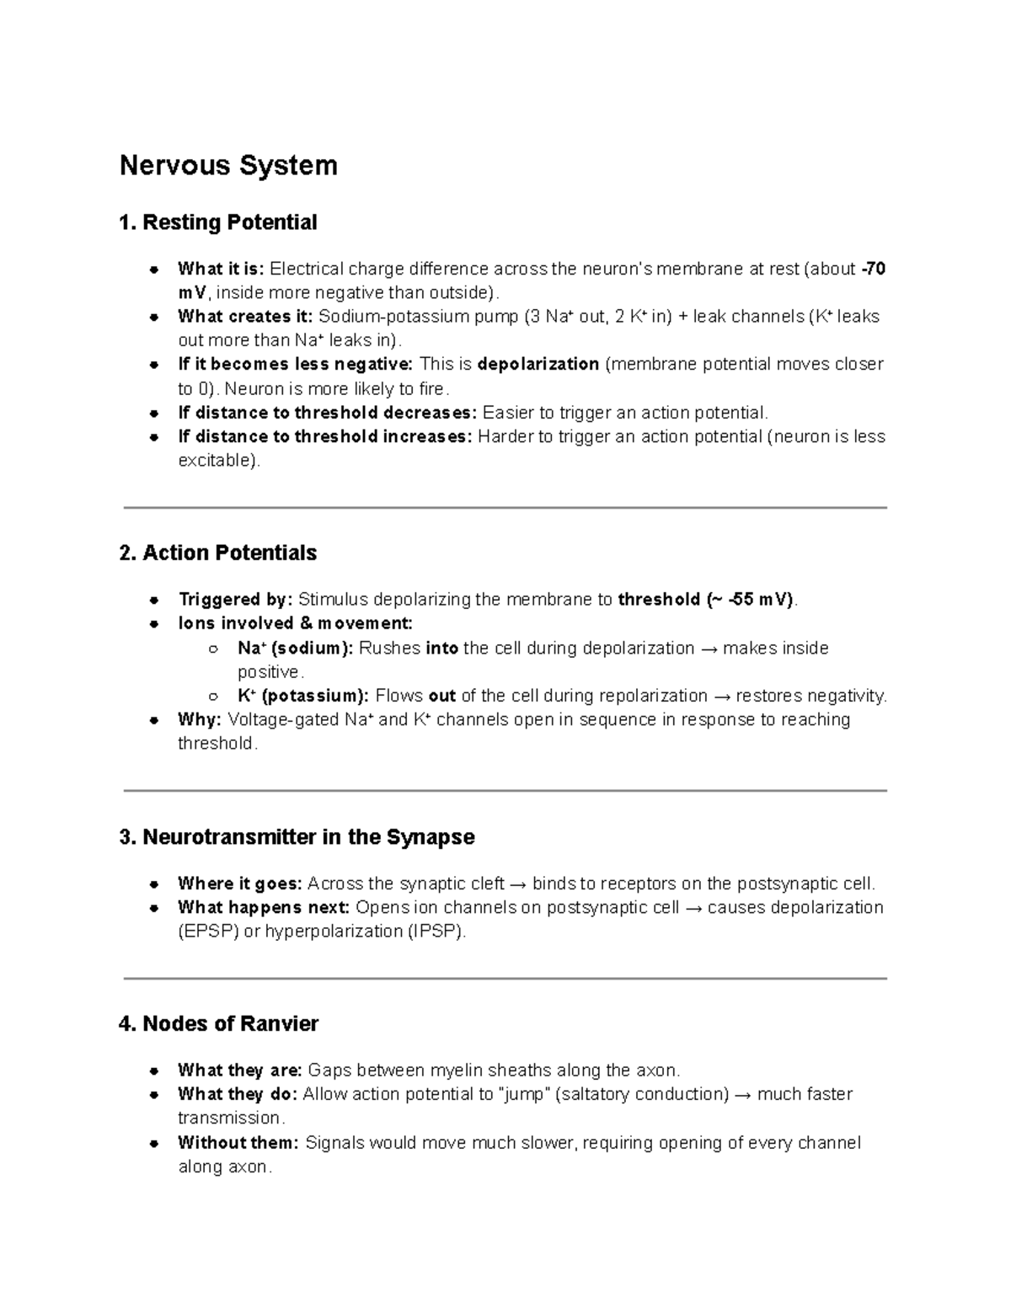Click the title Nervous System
(x=228, y=165)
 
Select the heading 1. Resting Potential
(x=218, y=222)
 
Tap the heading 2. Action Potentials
(x=218, y=553)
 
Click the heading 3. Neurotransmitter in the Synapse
(x=297, y=837)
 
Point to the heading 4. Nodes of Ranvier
(x=219, y=1024)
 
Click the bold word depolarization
(x=538, y=365)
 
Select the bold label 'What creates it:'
(x=245, y=317)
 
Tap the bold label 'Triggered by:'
(x=235, y=600)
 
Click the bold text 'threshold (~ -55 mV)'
(x=706, y=600)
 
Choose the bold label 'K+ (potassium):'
(x=303, y=696)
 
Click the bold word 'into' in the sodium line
(x=442, y=649)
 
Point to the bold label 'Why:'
(x=200, y=720)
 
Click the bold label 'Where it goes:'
(x=240, y=884)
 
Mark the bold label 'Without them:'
(x=238, y=1143)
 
